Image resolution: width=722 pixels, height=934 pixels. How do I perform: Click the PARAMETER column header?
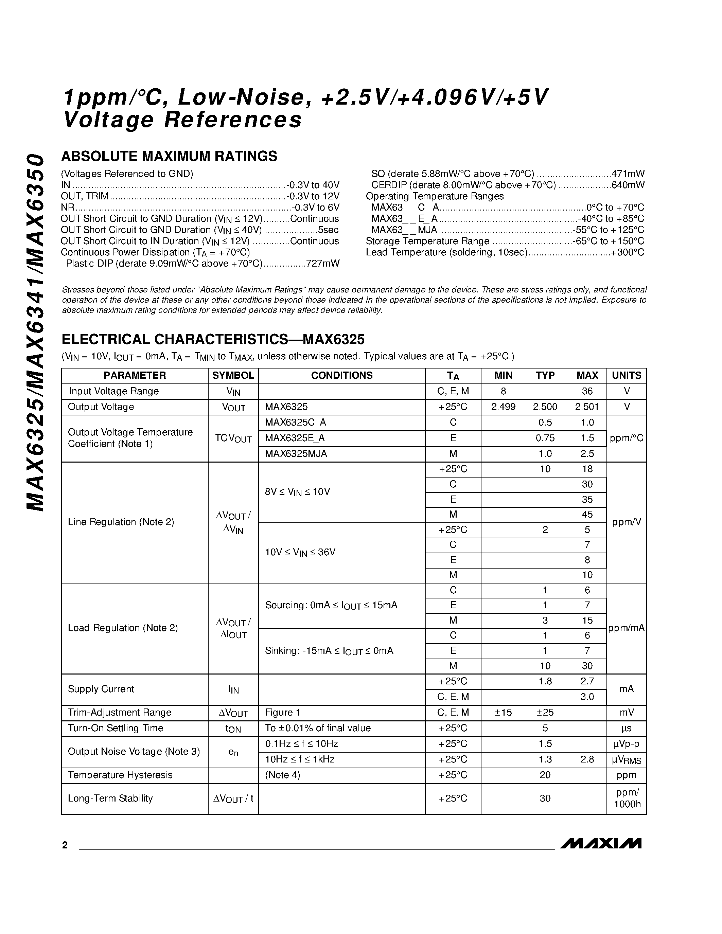pos(135,376)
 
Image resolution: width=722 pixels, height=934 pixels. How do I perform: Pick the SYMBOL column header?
pos(233,376)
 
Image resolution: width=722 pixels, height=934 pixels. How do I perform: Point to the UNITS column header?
pos(626,376)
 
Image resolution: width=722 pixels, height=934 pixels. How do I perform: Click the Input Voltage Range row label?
pos(114,391)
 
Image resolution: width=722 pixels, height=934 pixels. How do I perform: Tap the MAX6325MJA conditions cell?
pos(296,454)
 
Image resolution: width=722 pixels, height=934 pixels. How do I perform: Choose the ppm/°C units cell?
pos(626,438)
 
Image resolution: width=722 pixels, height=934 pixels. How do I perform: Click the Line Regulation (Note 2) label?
pos(121,522)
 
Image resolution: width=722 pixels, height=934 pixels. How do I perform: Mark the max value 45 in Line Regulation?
pos(587,515)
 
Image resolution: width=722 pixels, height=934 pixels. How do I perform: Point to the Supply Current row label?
pos(101,689)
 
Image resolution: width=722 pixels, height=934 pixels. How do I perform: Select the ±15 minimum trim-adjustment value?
pos(503,713)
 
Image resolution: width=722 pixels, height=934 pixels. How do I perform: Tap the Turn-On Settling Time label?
pos(116,728)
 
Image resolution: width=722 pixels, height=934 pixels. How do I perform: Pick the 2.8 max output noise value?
pos(587,759)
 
